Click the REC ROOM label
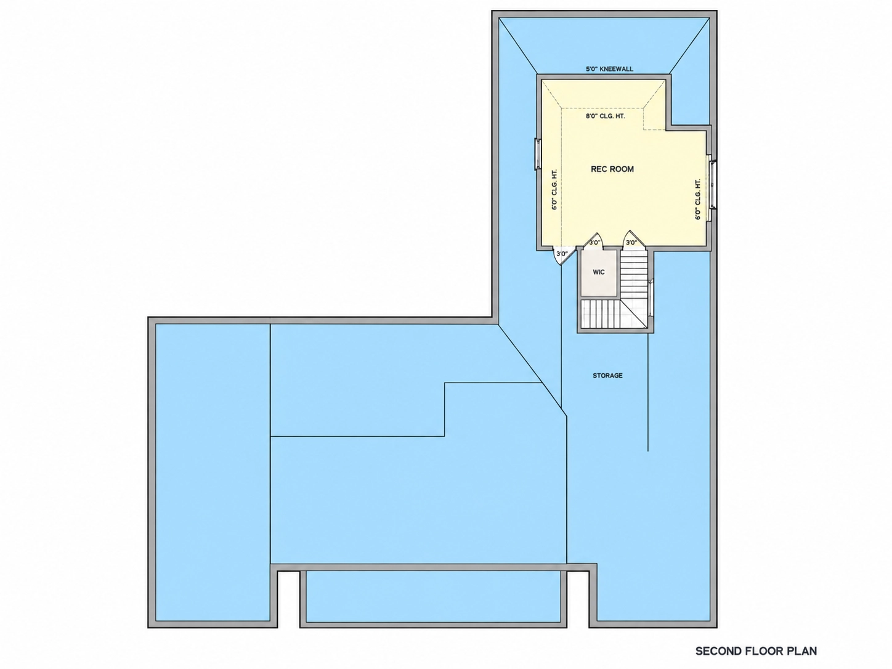click(x=612, y=169)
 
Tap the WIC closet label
click(x=599, y=272)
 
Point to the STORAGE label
click(x=607, y=376)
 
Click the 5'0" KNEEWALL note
click(x=609, y=69)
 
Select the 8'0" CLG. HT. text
click(x=605, y=116)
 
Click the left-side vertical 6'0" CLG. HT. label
click(x=554, y=190)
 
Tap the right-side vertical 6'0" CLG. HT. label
click(x=698, y=200)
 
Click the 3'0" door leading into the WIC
click(x=594, y=240)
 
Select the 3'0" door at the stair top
click(x=631, y=240)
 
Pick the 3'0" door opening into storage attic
click(x=563, y=255)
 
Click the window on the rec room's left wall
click(x=537, y=154)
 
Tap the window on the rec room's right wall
click(x=712, y=185)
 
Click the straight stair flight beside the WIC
click(x=633, y=275)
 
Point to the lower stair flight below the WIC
click(x=601, y=314)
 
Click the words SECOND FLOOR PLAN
click(x=756, y=651)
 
